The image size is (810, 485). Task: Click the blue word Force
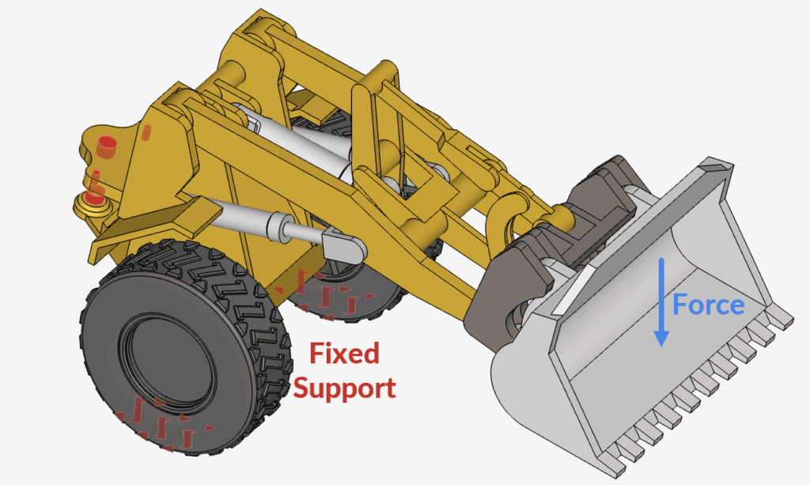click(x=708, y=305)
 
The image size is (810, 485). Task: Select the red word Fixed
click(x=345, y=354)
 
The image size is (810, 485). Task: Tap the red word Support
click(x=345, y=388)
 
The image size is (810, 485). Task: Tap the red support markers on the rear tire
click(x=324, y=297)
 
